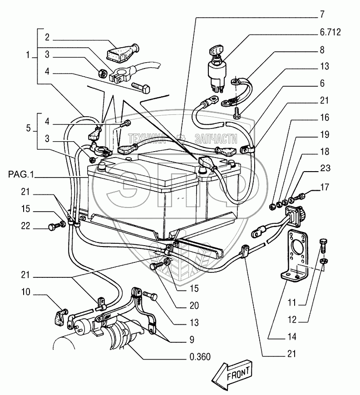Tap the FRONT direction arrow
(x=233, y=375)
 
